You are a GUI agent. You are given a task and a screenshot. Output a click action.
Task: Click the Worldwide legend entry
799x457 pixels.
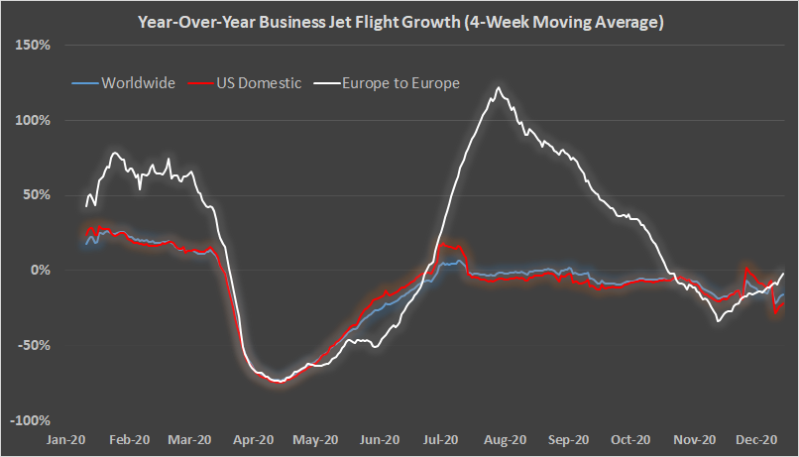(x=134, y=83)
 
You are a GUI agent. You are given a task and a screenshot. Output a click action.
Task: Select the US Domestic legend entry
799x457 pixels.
(x=254, y=83)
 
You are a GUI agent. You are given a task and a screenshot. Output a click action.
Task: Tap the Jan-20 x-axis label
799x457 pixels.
(x=65, y=438)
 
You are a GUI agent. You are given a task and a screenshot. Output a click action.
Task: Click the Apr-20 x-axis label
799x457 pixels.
(x=254, y=438)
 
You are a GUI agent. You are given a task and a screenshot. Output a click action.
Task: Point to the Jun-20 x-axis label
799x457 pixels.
(x=380, y=438)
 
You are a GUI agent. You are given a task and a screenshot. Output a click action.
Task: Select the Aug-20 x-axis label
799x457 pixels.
(x=505, y=438)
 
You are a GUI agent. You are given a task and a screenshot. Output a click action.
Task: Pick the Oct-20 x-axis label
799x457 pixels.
(x=630, y=438)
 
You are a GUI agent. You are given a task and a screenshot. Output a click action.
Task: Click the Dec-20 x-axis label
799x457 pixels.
(x=756, y=438)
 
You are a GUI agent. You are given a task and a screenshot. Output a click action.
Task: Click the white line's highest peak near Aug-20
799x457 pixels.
(x=498, y=88)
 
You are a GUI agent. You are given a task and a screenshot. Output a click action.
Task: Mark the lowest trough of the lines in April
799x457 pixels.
(x=280, y=382)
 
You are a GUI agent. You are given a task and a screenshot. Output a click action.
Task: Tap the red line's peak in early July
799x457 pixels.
(x=442, y=244)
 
